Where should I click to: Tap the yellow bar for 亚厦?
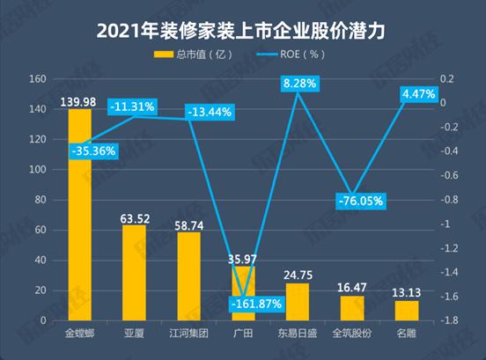[x=134, y=273]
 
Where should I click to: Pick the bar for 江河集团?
[x=188, y=276]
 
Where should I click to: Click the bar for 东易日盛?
[x=298, y=302]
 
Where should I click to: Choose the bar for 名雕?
[x=406, y=311]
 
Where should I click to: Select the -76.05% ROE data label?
[x=359, y=201]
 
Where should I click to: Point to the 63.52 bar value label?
[x=134, y=217]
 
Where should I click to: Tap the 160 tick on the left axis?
[x=37, y=79]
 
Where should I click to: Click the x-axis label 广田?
[x=243, y=334]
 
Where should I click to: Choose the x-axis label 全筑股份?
[x=351, y=334]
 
